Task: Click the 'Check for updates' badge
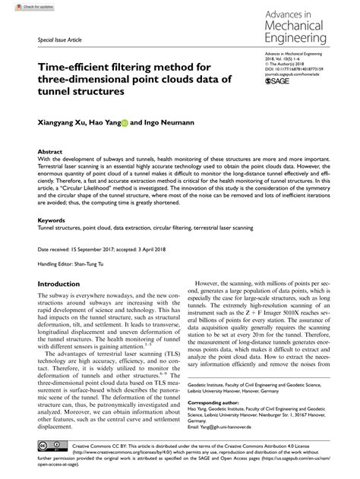pyautogui.click(x=24, y=6)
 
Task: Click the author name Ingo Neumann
pyautogui.click(x=172, y=120)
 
